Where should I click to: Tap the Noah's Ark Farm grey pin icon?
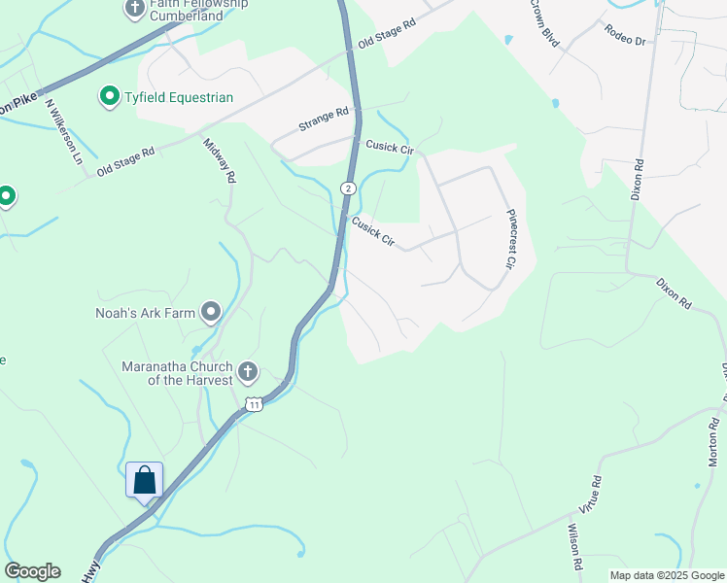pos(211,312)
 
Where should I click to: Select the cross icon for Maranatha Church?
pos(248,372)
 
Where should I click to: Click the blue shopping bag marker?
pos(144,480)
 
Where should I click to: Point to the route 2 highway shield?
pos(347,187)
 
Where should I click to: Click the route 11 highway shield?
pos(254,404)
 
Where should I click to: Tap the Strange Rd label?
pos(324,120)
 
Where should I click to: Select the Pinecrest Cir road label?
pos(508,239)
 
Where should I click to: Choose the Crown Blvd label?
pos(545,23)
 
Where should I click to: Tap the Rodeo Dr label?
pos(624,36)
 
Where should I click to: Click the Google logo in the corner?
pos(32,571)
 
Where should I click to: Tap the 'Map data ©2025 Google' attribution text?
pos(666,575)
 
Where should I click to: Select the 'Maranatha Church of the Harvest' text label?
pos(177,373)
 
